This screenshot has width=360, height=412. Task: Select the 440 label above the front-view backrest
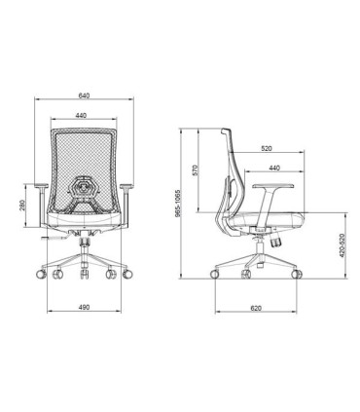tap(83, 116)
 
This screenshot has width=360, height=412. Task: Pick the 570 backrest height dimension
tap(196, 167)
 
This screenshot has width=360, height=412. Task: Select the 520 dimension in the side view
tap(267, 149)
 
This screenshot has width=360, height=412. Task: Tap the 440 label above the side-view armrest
tap(273, 169)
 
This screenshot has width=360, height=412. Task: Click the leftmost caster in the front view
tap(40, 275)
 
